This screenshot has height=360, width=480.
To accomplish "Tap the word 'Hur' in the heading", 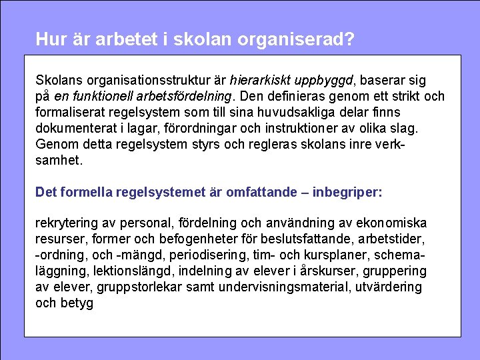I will pyautogui.click(x=49, y=39).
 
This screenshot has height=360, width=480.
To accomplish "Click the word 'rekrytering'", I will pyautogui.click(x=67, y=223).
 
